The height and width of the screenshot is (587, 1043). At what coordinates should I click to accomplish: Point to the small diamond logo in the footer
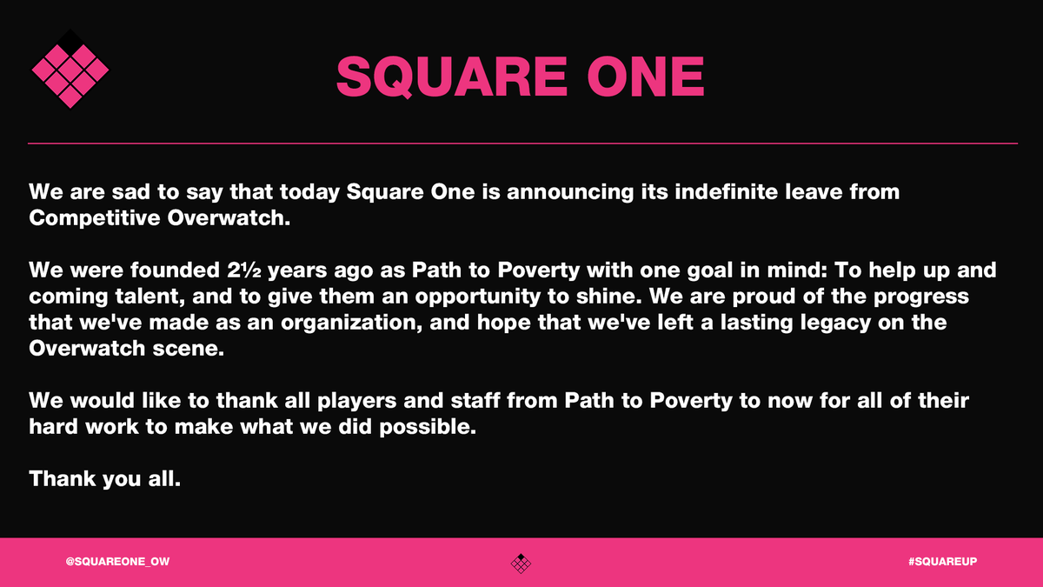coord(521,563)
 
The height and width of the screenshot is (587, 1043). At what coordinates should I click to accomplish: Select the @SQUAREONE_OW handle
coord(117,563)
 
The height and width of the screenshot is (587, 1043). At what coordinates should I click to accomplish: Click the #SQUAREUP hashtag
coord(943,563)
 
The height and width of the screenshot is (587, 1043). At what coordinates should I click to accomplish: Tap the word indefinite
coord(734,191)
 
